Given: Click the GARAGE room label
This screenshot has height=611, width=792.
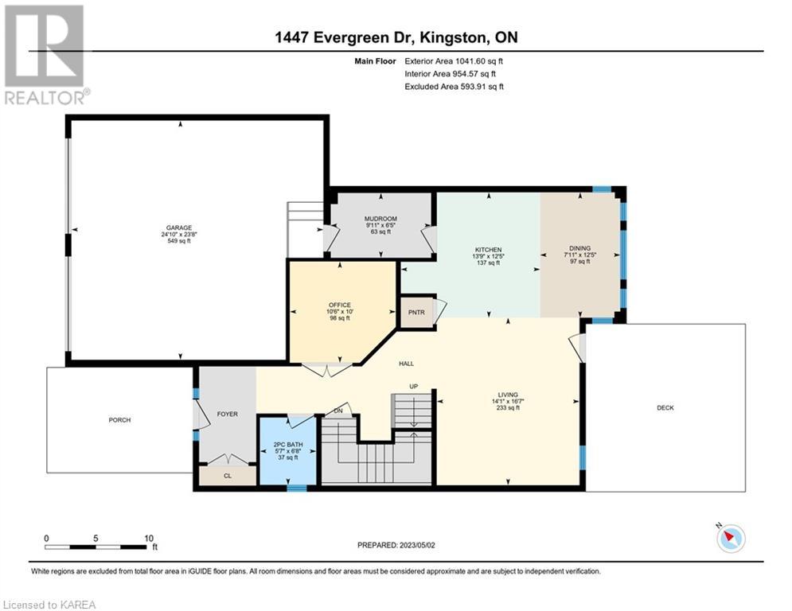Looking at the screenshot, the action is tap(179, 228).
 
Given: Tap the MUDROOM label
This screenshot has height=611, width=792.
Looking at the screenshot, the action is tap(380, 219).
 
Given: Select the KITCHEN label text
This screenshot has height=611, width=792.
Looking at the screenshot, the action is tap(489, 250).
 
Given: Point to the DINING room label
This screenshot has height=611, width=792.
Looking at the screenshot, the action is tap(579, 248).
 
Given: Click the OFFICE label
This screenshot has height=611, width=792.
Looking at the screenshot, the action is tap(339, 305).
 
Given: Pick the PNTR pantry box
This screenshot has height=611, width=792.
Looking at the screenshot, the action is tap(417, 313).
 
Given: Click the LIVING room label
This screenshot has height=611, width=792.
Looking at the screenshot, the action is tap(508, 395).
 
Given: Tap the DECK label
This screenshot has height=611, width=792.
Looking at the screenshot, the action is tap(665, 407).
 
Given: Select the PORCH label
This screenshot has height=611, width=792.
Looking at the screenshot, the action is tap(119, 419).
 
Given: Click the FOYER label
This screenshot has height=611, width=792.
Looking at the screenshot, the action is tap(228, 414).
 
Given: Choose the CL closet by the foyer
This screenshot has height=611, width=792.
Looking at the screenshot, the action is tap(228, 476).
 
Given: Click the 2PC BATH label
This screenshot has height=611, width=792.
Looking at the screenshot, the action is tap(288, 445).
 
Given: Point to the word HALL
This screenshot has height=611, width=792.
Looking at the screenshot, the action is tap(406, 363).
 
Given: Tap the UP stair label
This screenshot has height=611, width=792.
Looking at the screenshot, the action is tap(414, 387).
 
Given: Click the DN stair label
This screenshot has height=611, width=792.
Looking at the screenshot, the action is tap(338, 411).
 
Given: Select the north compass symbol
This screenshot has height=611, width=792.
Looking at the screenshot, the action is tap(731, 538).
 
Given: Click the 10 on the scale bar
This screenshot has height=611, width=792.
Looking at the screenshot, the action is tap(149, 539).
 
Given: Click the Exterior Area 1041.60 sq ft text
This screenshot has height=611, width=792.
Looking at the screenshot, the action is tap(454, 61).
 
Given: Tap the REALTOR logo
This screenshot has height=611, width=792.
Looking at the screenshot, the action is tap(45, 55).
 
